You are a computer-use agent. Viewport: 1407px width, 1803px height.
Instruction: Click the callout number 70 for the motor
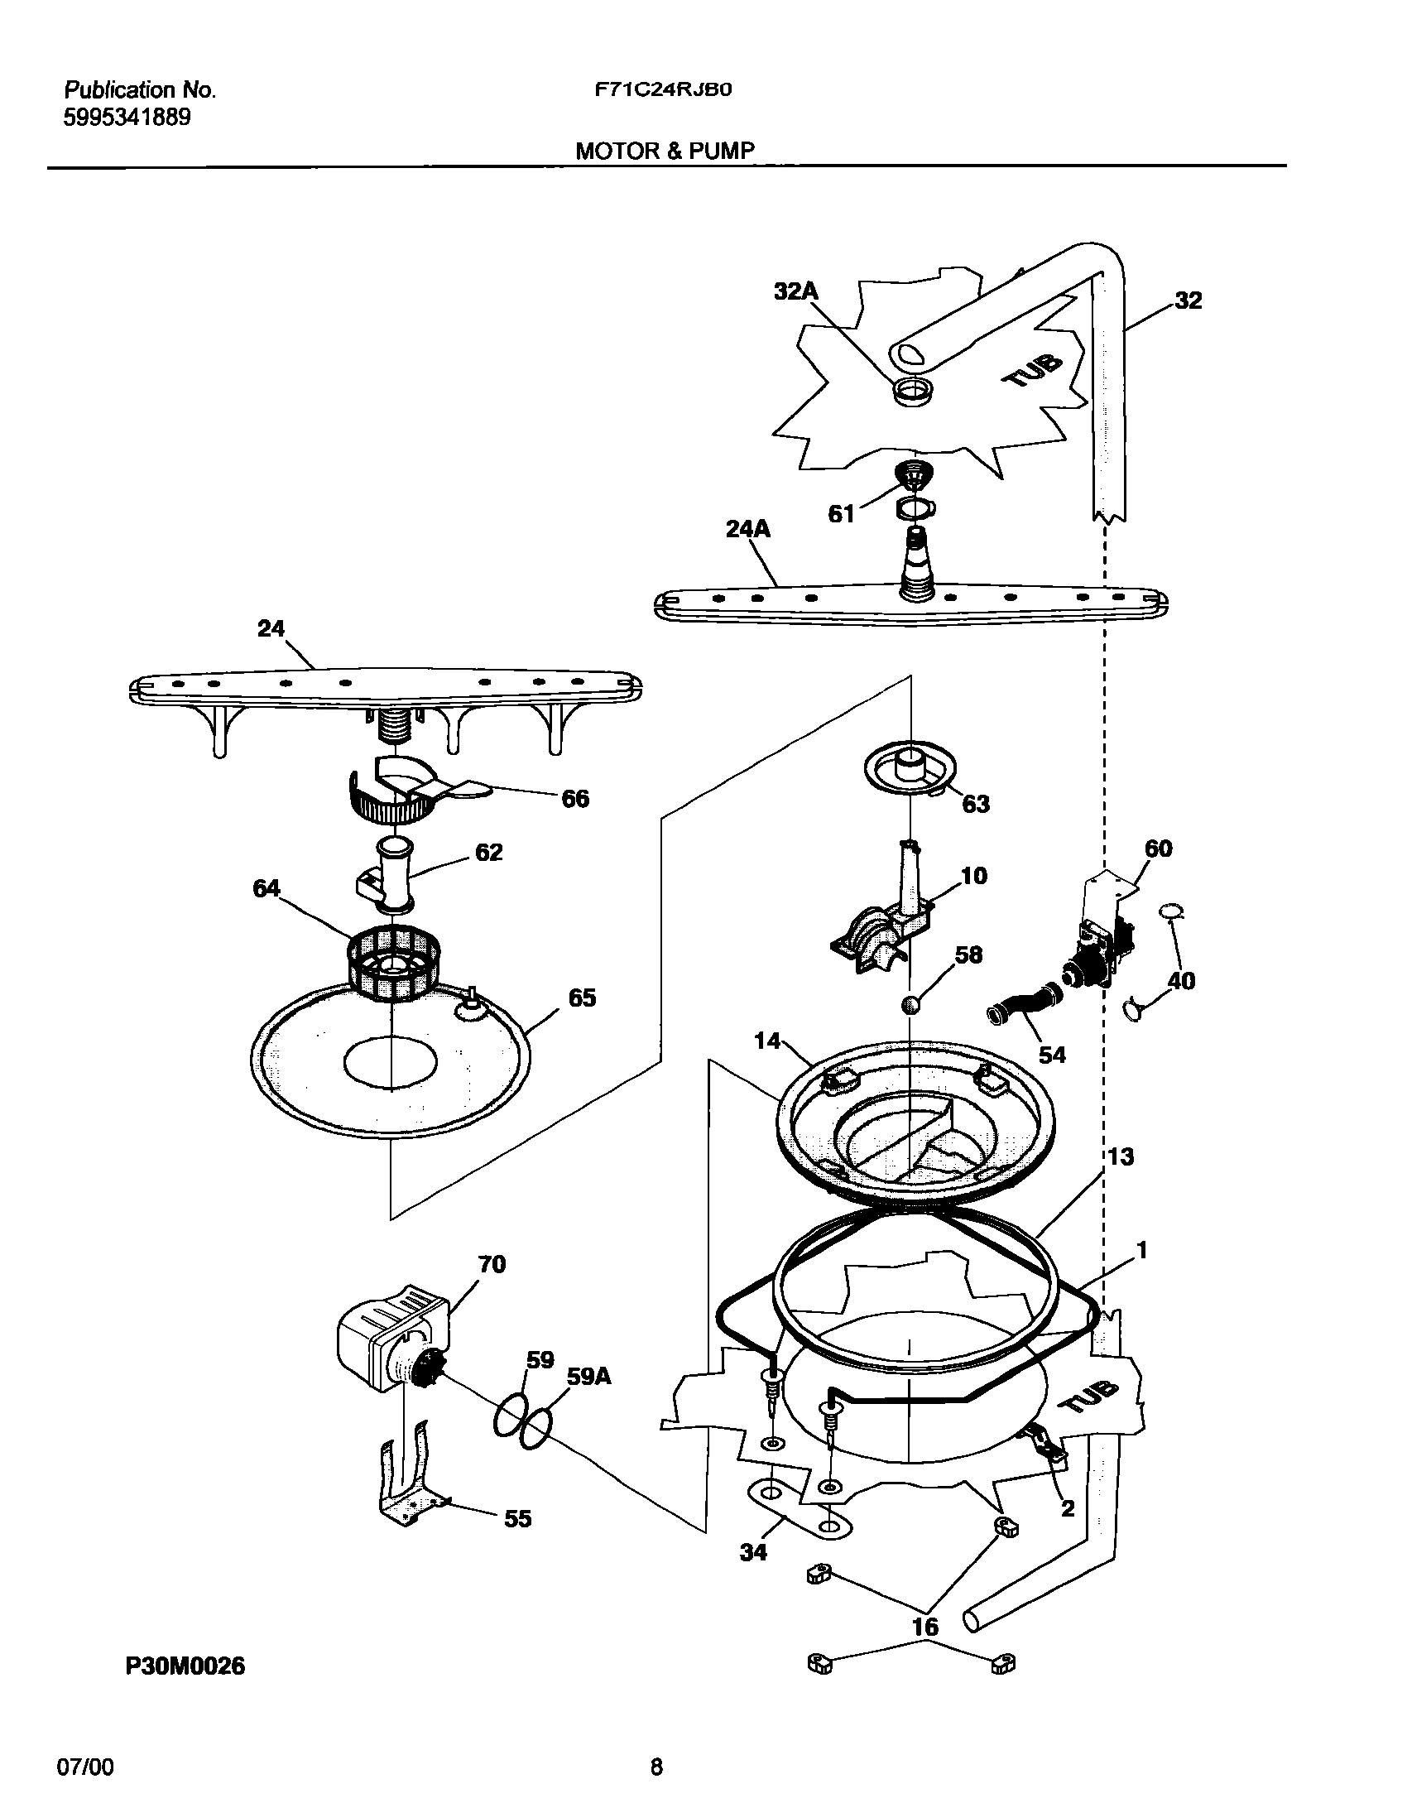(x=492, y=1264)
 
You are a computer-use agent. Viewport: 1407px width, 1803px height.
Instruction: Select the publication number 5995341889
(x=127, y=118)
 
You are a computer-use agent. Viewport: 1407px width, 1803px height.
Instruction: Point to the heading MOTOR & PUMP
(x=665, y=151)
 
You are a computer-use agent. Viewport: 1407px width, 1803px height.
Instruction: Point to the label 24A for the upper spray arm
(x=747, y=529)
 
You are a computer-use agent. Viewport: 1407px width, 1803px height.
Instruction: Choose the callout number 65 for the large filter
(x=582, y=998)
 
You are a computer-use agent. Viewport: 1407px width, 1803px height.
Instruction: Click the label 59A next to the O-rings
(x=589, y=1376)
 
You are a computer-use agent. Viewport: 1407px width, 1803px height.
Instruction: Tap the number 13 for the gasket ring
(x=1121, y=1156)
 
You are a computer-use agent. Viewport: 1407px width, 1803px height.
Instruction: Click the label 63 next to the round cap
(x=976, y=804)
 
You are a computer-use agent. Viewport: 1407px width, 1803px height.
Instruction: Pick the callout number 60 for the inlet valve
(x=1158, y=848)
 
